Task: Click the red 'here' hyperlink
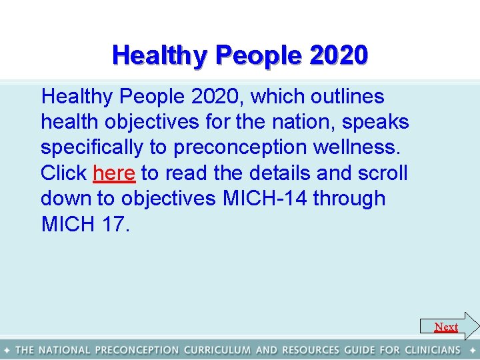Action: (114, 173)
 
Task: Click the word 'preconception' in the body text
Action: (231, 148)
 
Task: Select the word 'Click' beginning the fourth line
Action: (63, 173)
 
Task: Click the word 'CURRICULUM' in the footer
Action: (217, 350)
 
